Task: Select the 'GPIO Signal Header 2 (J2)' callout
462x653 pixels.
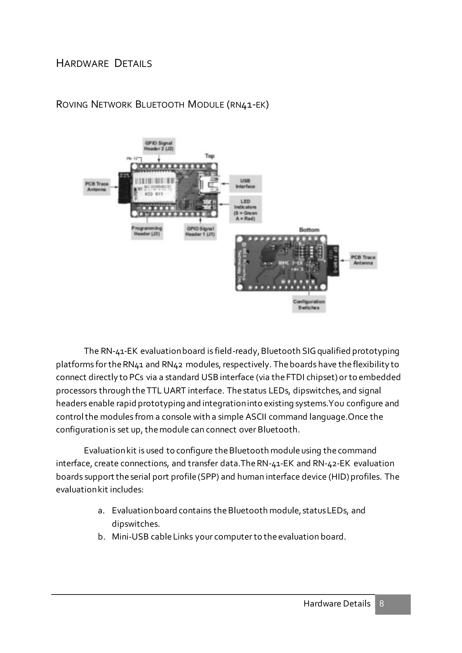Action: [159, 146]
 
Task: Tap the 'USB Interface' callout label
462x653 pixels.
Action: [245, 184]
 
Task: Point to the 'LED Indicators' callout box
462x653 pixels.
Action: [245, 210]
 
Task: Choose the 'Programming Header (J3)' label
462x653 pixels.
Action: [147, 231]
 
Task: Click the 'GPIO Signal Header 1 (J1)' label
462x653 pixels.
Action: [200, 231]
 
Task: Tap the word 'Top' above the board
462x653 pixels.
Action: [210, 156]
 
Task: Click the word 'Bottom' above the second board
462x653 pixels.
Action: [309, 230]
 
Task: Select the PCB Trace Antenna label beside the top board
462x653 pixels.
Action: [97, 186]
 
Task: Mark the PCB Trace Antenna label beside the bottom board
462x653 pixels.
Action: [363, 260]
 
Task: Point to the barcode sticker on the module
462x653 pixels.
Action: [154, 181]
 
